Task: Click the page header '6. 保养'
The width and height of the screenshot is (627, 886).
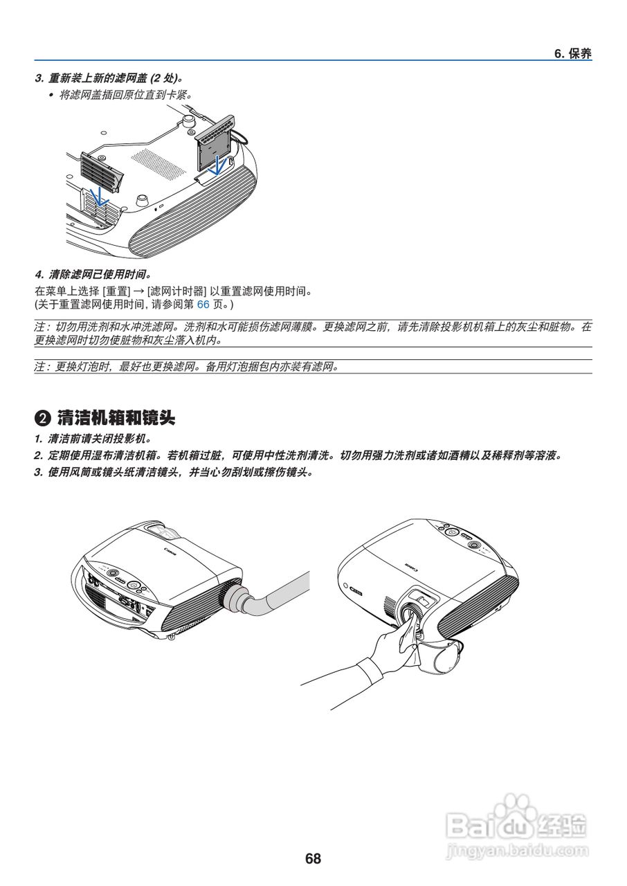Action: [572, 54]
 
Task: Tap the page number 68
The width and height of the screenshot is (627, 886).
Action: [313, 859]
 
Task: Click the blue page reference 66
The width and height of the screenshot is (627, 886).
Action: [203, 304]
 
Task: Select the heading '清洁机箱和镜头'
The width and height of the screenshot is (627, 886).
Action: [116, 418]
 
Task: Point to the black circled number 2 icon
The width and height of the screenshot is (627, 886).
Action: [43, 419]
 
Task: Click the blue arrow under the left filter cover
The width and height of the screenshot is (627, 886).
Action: [100, 196]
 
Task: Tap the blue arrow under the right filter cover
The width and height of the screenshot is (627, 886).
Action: [219, 165]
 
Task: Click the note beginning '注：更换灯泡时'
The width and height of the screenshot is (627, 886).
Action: [187, 366]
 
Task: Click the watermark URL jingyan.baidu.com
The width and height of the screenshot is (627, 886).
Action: [518, 849]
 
